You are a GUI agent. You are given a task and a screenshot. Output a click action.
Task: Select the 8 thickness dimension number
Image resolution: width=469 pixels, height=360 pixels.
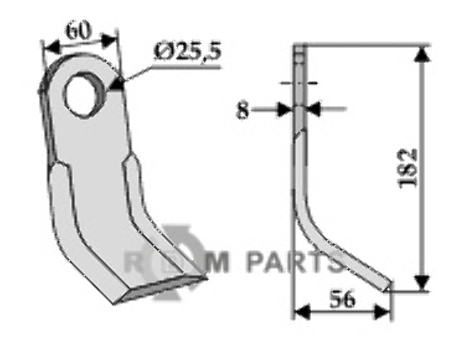(x=242, y=109)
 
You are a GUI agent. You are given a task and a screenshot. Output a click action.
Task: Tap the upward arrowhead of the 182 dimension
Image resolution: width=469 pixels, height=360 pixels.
(x=422, y=55)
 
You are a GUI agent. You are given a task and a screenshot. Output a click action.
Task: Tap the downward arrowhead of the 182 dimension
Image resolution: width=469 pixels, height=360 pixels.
(x=422, y=283)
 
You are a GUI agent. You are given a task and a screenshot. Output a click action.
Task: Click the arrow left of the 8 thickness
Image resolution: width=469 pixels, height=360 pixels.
(x=286, y=108)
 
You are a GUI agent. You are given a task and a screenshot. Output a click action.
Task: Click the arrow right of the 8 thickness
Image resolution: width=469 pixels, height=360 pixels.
(x=318, y=108)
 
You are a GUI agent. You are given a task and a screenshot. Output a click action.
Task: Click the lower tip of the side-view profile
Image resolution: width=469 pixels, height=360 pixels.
(x=386, y=286)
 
